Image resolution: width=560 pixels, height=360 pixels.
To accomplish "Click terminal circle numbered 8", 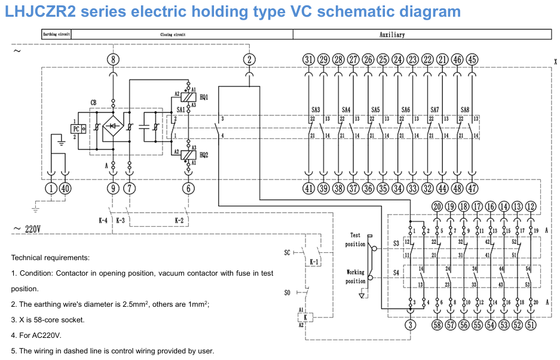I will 113,59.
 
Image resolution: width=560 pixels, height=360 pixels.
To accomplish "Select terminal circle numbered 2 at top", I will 249,59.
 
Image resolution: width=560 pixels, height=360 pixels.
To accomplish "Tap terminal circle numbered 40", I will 65,188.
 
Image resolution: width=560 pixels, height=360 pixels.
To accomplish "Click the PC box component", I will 78,129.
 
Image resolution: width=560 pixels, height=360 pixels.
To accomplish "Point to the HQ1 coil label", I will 204,97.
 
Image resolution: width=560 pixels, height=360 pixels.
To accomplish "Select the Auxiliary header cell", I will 391,35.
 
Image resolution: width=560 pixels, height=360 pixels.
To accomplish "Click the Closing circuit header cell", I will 173,35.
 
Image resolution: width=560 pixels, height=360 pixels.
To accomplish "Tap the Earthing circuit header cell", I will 57,35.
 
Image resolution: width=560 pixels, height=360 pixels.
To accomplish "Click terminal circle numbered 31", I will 308,59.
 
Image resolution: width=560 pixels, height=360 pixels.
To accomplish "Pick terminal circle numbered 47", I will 472,188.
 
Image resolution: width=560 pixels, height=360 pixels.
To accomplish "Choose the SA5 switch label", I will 375,110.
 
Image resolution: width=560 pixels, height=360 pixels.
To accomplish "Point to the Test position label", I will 355,240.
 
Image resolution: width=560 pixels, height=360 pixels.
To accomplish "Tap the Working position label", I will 355,276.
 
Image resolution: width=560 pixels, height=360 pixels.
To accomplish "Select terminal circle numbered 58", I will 437,325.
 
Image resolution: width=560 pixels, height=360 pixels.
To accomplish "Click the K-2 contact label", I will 179,221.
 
